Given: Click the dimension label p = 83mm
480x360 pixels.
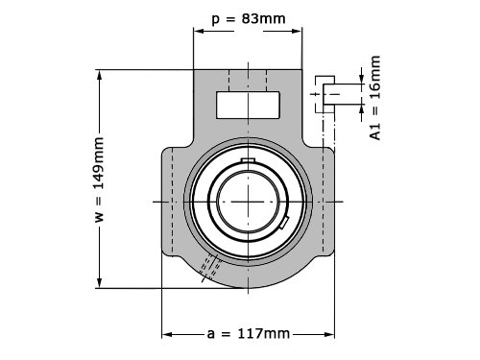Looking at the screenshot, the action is pos(249,19).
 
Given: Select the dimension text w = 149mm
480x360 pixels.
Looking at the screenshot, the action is pos(99,180).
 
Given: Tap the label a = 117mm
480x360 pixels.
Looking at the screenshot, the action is pos(249,334).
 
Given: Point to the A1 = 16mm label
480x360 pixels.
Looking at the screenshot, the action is pos(375,98).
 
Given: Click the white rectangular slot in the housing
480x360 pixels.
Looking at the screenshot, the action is pos(248,105).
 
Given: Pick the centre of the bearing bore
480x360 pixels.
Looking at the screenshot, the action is pos(249,202).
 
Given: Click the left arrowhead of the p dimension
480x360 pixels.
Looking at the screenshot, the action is pos(199,31).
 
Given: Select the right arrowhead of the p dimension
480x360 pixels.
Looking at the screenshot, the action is pos(297,31).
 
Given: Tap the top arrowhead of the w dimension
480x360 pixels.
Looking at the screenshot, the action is pos(100,76).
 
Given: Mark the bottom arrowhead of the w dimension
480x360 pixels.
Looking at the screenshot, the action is pos(100,282).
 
